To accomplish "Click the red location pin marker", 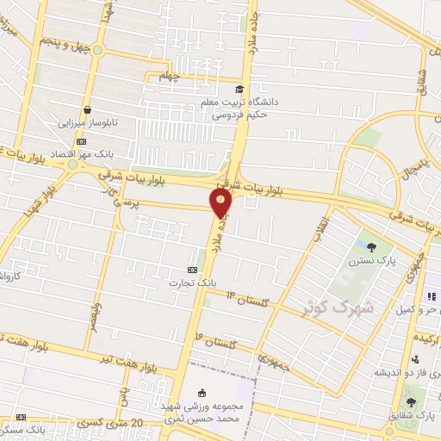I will (221, 202).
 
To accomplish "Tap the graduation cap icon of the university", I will (239, 88).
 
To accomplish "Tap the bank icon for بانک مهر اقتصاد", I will (81, 140).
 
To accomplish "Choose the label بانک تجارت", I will (189, 281).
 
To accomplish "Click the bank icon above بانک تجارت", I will (191, 268).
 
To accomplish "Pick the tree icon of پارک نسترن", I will (372, 246).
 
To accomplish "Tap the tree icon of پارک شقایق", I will (410, 401).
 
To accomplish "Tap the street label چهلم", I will (169, 76).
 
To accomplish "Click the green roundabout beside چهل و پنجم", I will (97, 50).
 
